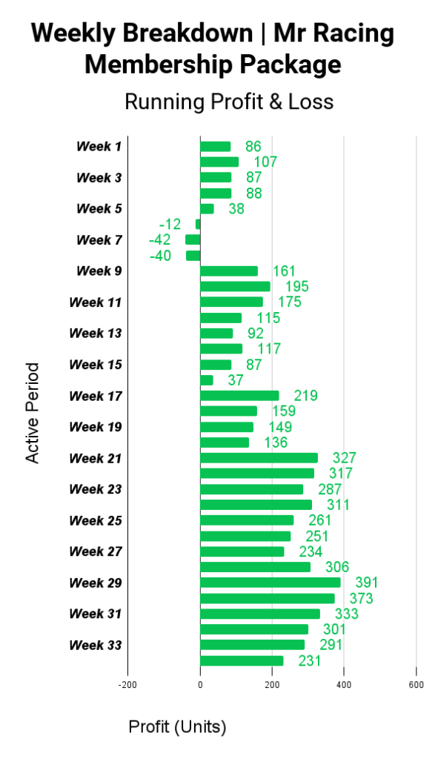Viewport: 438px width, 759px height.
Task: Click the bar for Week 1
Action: pyautogui.click(x=216, y=147)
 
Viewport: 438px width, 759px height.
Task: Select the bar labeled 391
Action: pyautogui.click(x=270, y=583)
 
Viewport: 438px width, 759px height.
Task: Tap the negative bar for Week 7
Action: pyautogui.click(x=193, y=239)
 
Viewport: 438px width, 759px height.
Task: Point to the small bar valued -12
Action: pyautogui.click(x=198, y=224)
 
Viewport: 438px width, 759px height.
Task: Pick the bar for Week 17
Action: pyautogui.click(x=239, y=396)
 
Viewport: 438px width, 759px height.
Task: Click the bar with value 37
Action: pyautogui.click(x=207, y=380)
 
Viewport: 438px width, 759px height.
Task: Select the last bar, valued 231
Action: pyautogui.click(x=242, y=660)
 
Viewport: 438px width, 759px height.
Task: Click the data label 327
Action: pyautogui.click(x=344, y=458)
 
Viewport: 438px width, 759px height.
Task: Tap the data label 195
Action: pyautogui.click(x=296, y=287)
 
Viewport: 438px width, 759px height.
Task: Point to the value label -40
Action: pyautogui.click(x=160, y=256)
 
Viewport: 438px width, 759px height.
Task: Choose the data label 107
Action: pyautogui.click(x=266, y=162)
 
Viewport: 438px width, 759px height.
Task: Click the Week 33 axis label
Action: pyautogui.click(x=96, y=646)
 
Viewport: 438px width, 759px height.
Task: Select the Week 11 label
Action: pyautogui.click(x=96, y=302)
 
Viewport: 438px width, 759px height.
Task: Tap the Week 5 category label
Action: pyautogui.click(x=99, y=208)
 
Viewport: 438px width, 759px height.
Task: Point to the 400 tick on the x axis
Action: pyautogui.click(x=344, y=685)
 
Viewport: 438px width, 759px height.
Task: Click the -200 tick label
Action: pyautogui.click(x=127, y=685)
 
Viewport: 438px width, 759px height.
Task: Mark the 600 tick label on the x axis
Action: pyautogui.click(x=417, y=685)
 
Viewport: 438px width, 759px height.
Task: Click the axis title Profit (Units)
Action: pyautogui.click(x=177, y=727)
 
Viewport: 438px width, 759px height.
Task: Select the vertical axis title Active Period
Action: pyautogui.click(x=32, y=413)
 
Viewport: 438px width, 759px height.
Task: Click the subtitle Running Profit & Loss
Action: pyautogui.click(x=229, y=102)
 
